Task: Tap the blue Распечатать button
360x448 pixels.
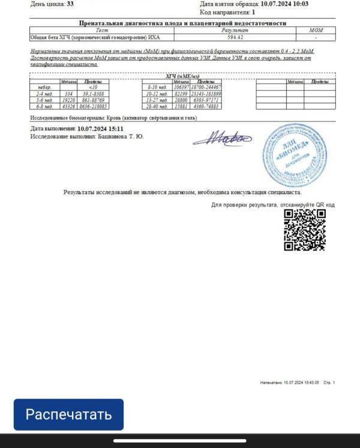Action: click(x=68, y=414)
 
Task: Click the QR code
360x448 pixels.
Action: click(x=305, y=229)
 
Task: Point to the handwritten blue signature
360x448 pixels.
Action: click(x=222, y=139)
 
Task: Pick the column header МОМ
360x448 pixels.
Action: click(x=316, y=30)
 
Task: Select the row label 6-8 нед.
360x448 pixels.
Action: click(x=45, y=106)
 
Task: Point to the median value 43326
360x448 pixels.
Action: click(x=68, y=106)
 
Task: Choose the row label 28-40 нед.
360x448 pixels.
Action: click(x=157, y=106)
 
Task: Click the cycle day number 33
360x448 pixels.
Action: click(x=70, y=4)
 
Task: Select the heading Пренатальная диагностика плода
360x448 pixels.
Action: click(x=183, y=23)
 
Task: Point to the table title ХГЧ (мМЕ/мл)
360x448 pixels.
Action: click(x=182, y=76)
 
